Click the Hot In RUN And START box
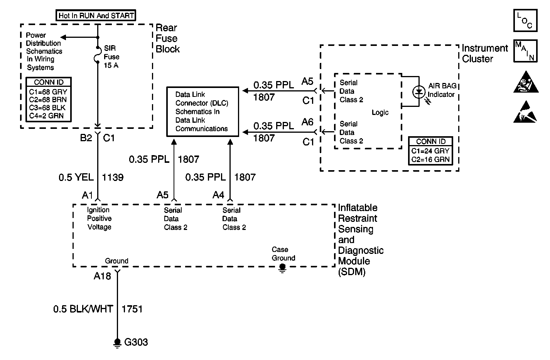[96, 16]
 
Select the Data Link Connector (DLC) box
[202, 112]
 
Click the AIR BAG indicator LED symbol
[419, 92]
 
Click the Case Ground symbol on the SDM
[282, 267]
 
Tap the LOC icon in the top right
[525, 21]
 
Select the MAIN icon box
[525, 51]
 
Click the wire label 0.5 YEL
[76, 177]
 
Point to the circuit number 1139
[113, 177]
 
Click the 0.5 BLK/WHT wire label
[83, 309]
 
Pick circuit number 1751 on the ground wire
[132, 309]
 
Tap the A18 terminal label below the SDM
[102, 276]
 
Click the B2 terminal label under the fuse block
[86, 138]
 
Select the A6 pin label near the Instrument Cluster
[307, 122]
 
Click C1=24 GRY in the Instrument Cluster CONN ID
[430, 151]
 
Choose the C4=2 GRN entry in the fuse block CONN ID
[46, 116]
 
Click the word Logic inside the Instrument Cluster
[380, 112]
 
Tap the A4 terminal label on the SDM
[218, 195]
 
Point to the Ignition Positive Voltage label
[99, 218]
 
